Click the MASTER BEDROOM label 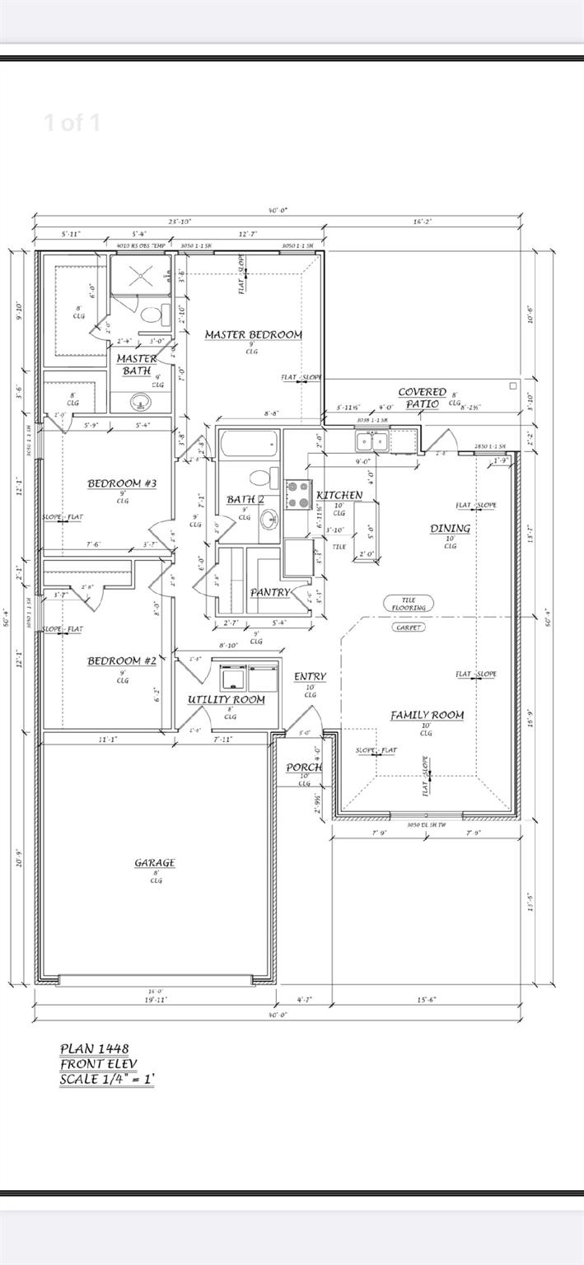pos(253,334)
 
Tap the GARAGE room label pos(155,862)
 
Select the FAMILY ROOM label pos(426,715)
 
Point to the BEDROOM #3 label pos(122,483)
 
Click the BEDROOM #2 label pos(122,661)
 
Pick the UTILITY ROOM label pos(226,699)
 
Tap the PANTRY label pos(269,592)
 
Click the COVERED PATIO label pos(422,398)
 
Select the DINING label pos(450,528)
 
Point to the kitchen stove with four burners pos(297,497)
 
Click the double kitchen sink pos(371,442)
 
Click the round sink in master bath pos(141,403)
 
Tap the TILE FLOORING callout pos(409,604)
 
